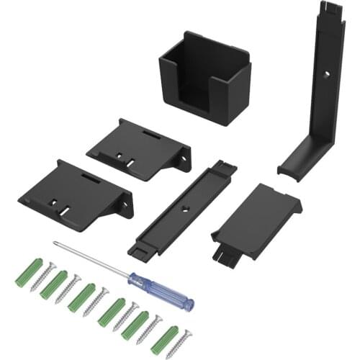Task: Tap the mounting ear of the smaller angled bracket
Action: coord(184,156)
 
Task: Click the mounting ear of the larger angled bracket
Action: coord(125,207)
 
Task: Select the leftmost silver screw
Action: coord(42,276)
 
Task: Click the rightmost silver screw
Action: coord(184,337)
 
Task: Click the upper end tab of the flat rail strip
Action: coord(225,168)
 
